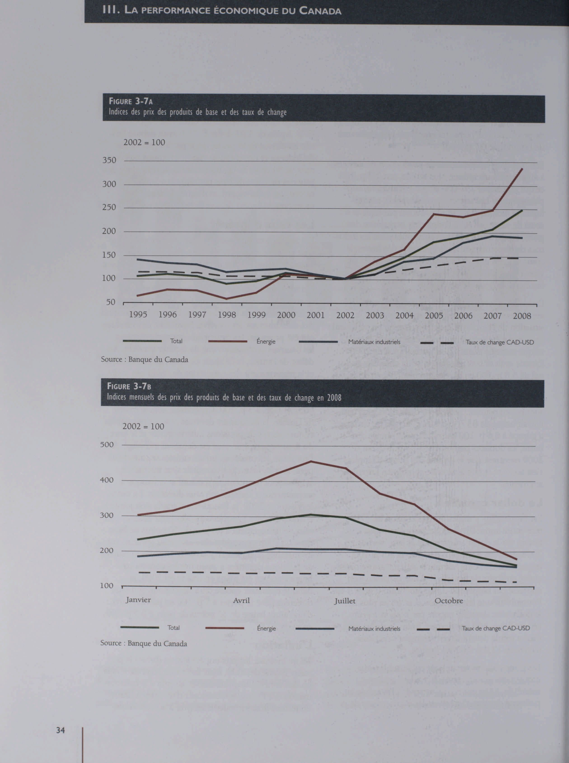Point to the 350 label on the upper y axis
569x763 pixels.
[x=109, y=160]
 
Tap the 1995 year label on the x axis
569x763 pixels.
[x=138, y=314]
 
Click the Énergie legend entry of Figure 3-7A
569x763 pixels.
[x=266, y=341]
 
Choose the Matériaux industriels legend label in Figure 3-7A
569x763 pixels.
[x=374, y=342]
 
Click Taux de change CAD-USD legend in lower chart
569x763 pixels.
[x=495, y=628]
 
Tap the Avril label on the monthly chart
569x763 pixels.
[x=241, y=600]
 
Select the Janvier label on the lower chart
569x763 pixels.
[x=138, y=600]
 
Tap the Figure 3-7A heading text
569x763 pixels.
[x=131, y=101]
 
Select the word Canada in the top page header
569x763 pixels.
[x=320, y=11]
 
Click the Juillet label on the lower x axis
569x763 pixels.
[x=344, y=601]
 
